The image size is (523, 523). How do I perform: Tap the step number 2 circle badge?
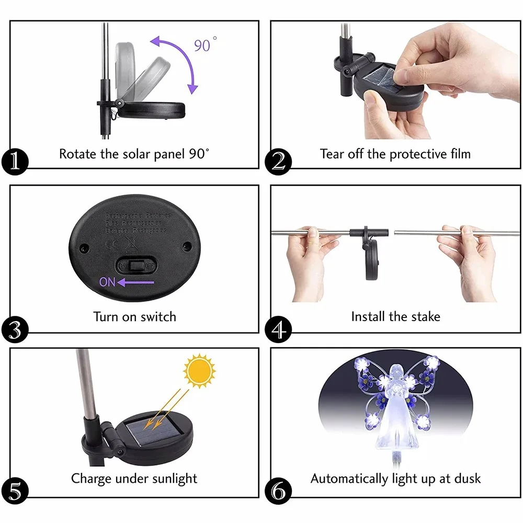[x=278, y=161]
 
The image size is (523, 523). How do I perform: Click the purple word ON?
[x=107, y=282]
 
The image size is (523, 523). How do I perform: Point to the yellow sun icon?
[x=199, y=370]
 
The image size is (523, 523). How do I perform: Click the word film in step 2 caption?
[x=458, y=154]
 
